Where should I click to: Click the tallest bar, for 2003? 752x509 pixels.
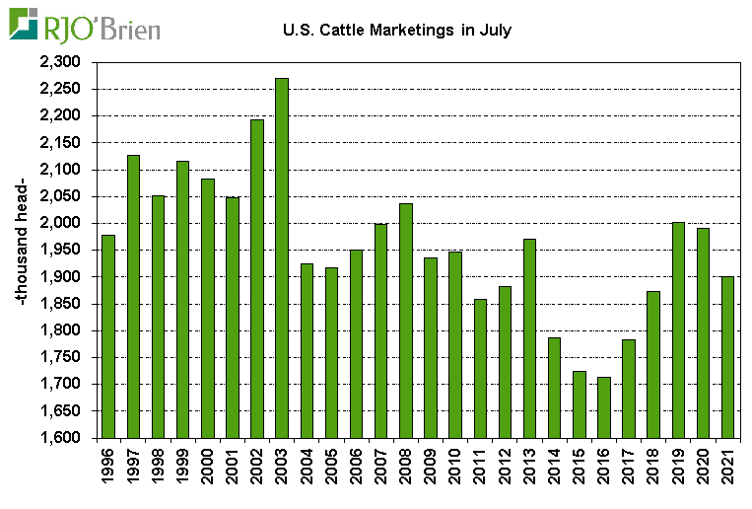click(x=281, y=257)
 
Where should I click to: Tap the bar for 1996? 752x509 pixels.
click(x=107, y=336)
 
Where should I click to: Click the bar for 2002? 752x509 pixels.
click(x=256, y=278)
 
